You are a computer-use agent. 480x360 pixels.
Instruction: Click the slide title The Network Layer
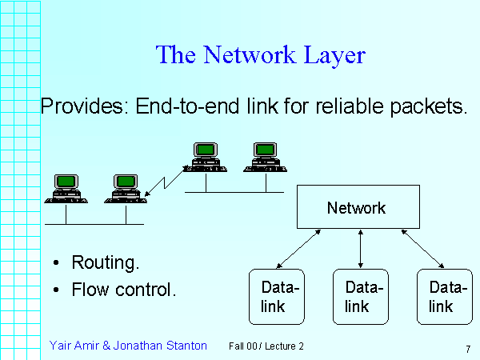click(260, 55)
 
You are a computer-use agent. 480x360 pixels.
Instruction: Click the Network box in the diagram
click(356, 208)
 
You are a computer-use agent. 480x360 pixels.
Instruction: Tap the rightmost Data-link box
click(445, 297)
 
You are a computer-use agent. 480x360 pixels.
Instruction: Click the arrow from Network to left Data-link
click(298, 249)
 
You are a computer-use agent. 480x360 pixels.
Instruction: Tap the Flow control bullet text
click(123, 289)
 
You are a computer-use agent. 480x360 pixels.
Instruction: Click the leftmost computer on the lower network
click(66, 189)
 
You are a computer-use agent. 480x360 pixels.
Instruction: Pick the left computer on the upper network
click(206, 157)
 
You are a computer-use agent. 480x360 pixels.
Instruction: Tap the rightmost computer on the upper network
click(266, 157)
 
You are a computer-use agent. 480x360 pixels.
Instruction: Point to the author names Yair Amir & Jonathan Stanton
click(128, 346)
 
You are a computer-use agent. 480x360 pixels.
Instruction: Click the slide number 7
click(466, 349)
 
